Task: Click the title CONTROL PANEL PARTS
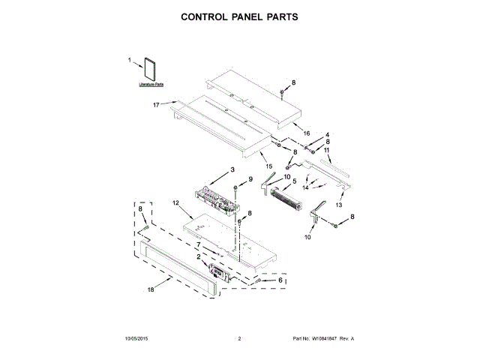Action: point(240,16)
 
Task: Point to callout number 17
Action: point(155,104)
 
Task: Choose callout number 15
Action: point(268,165)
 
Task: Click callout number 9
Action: point(250,178)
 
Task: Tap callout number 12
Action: point(175,202)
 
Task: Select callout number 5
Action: point(294,181)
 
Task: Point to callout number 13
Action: point(338,205)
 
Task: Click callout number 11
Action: point(326,150)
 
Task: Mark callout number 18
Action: point(150,289)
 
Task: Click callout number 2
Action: point(199,256)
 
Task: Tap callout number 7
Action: point(199,244)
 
